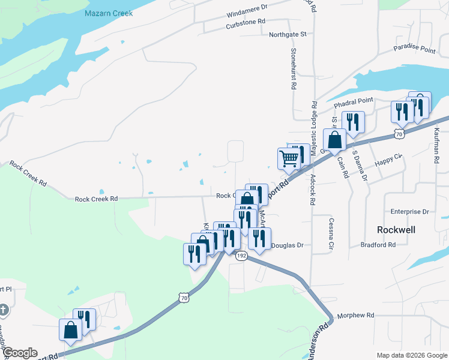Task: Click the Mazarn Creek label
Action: (109, 13)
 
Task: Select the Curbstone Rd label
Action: (246, 22)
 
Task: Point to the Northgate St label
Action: (288, 35)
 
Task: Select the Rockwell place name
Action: (396, 230)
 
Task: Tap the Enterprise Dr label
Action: (409, 212)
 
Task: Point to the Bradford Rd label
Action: (378, 245)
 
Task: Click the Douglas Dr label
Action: (288, 245)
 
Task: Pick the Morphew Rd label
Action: (355, 315)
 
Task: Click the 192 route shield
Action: (241, 256)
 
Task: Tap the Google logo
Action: (20, 353)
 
